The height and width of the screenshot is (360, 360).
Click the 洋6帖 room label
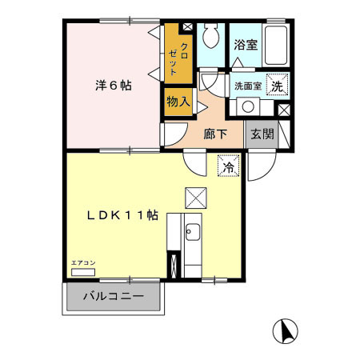tap(114, 86)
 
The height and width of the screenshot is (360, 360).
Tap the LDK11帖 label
tap(122, 215)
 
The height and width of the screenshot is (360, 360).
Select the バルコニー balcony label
tap(114, 296)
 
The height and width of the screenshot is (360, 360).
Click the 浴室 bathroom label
tap(246, 45)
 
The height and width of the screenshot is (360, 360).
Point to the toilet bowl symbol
tap(210, 35)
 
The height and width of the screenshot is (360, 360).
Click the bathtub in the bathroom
tap(276, 46)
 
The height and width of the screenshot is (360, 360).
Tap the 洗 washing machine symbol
tap(278, 84)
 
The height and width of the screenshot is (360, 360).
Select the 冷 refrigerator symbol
tap(229, 166)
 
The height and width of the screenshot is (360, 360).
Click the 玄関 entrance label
tap(262, 134)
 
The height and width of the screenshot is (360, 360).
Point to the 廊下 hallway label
tap(215, 134)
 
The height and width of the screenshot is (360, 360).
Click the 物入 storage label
tap(178, 102)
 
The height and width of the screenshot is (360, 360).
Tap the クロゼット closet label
tap(178, 59)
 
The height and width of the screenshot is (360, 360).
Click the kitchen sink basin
tap(193, 232)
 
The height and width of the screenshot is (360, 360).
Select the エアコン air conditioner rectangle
tap(83, 272)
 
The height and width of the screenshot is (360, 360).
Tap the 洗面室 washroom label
tap(248, 86)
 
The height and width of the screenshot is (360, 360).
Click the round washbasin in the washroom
tap(248, 106)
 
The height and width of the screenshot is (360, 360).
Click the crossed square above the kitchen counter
tap(196, 198)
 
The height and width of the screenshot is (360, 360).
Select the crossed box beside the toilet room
tap(188, 27)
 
